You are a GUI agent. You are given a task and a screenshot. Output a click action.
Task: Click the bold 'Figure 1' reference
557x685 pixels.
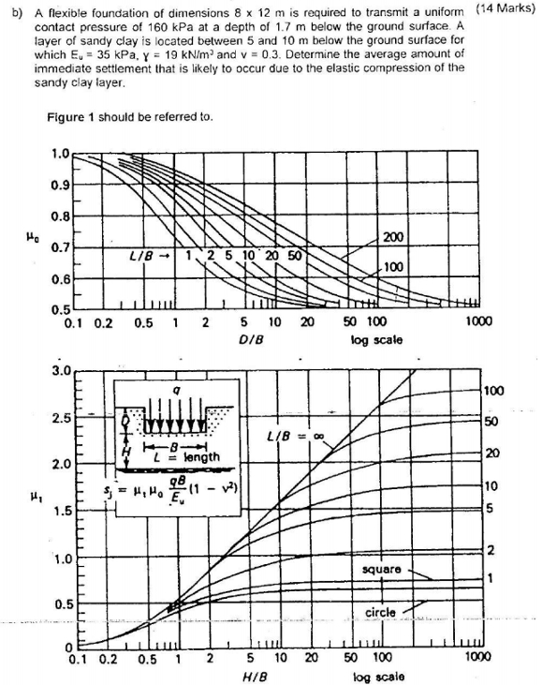coord(67,117)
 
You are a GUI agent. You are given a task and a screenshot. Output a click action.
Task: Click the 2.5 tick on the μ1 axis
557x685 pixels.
coord(59,415)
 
